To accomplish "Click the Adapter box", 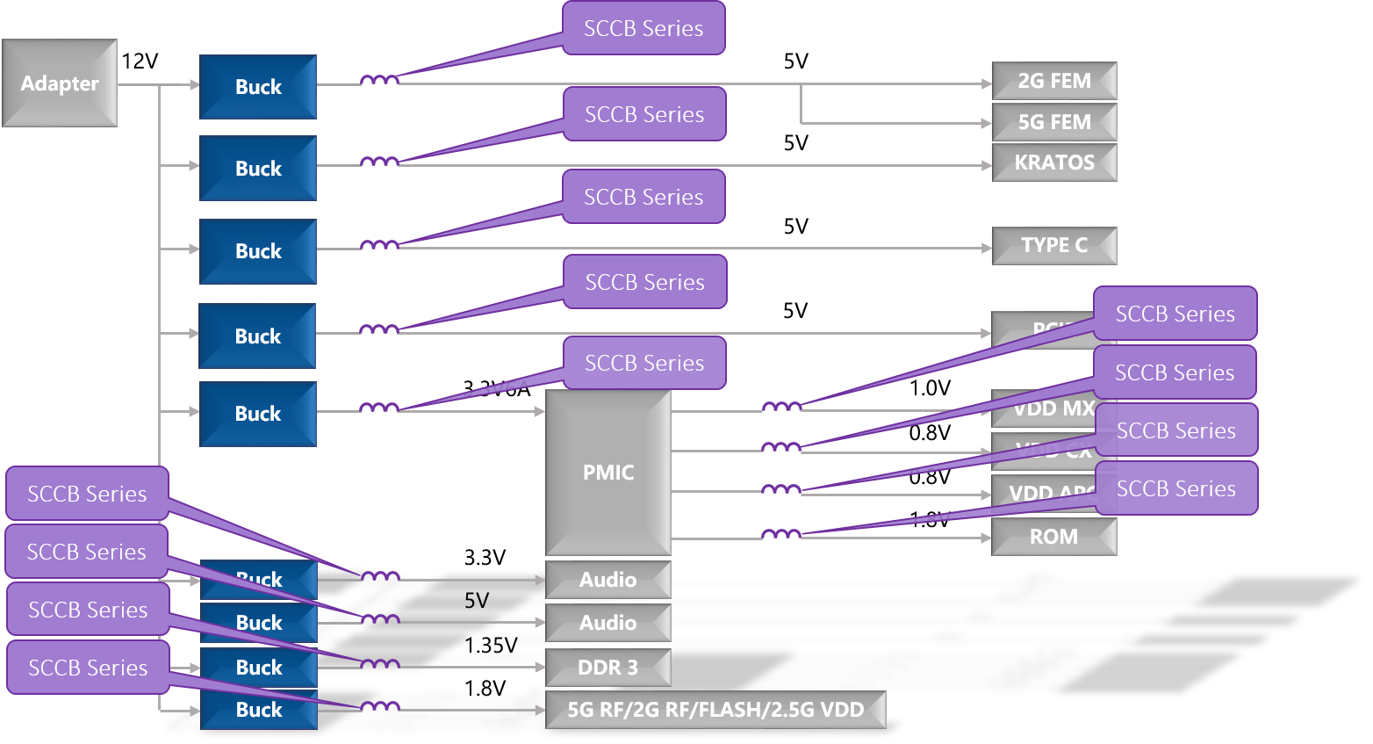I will [60, 83].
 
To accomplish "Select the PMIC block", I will [608, 473].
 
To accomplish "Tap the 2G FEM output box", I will [1053, 81].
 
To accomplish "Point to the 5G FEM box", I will [1053, 122].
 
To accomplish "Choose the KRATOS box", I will [1053, 163].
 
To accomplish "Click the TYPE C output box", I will [1053, 245].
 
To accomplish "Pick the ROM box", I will [1053, 537].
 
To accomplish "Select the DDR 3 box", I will [607, 668].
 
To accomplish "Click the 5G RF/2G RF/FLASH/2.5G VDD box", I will [715, 710].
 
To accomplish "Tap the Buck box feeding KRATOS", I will [258, 169].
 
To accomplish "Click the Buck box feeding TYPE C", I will [258, 251].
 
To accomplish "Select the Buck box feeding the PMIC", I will [258, 414].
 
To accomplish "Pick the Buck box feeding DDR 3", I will [259, 668].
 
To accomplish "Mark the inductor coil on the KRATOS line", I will [380, 163].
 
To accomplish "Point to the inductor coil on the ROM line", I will [780, 534].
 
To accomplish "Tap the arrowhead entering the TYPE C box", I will [987, 249].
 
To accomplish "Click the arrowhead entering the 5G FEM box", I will [987, 124].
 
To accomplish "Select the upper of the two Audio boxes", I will [607, 580].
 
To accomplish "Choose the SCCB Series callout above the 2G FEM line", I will [643, 28].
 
